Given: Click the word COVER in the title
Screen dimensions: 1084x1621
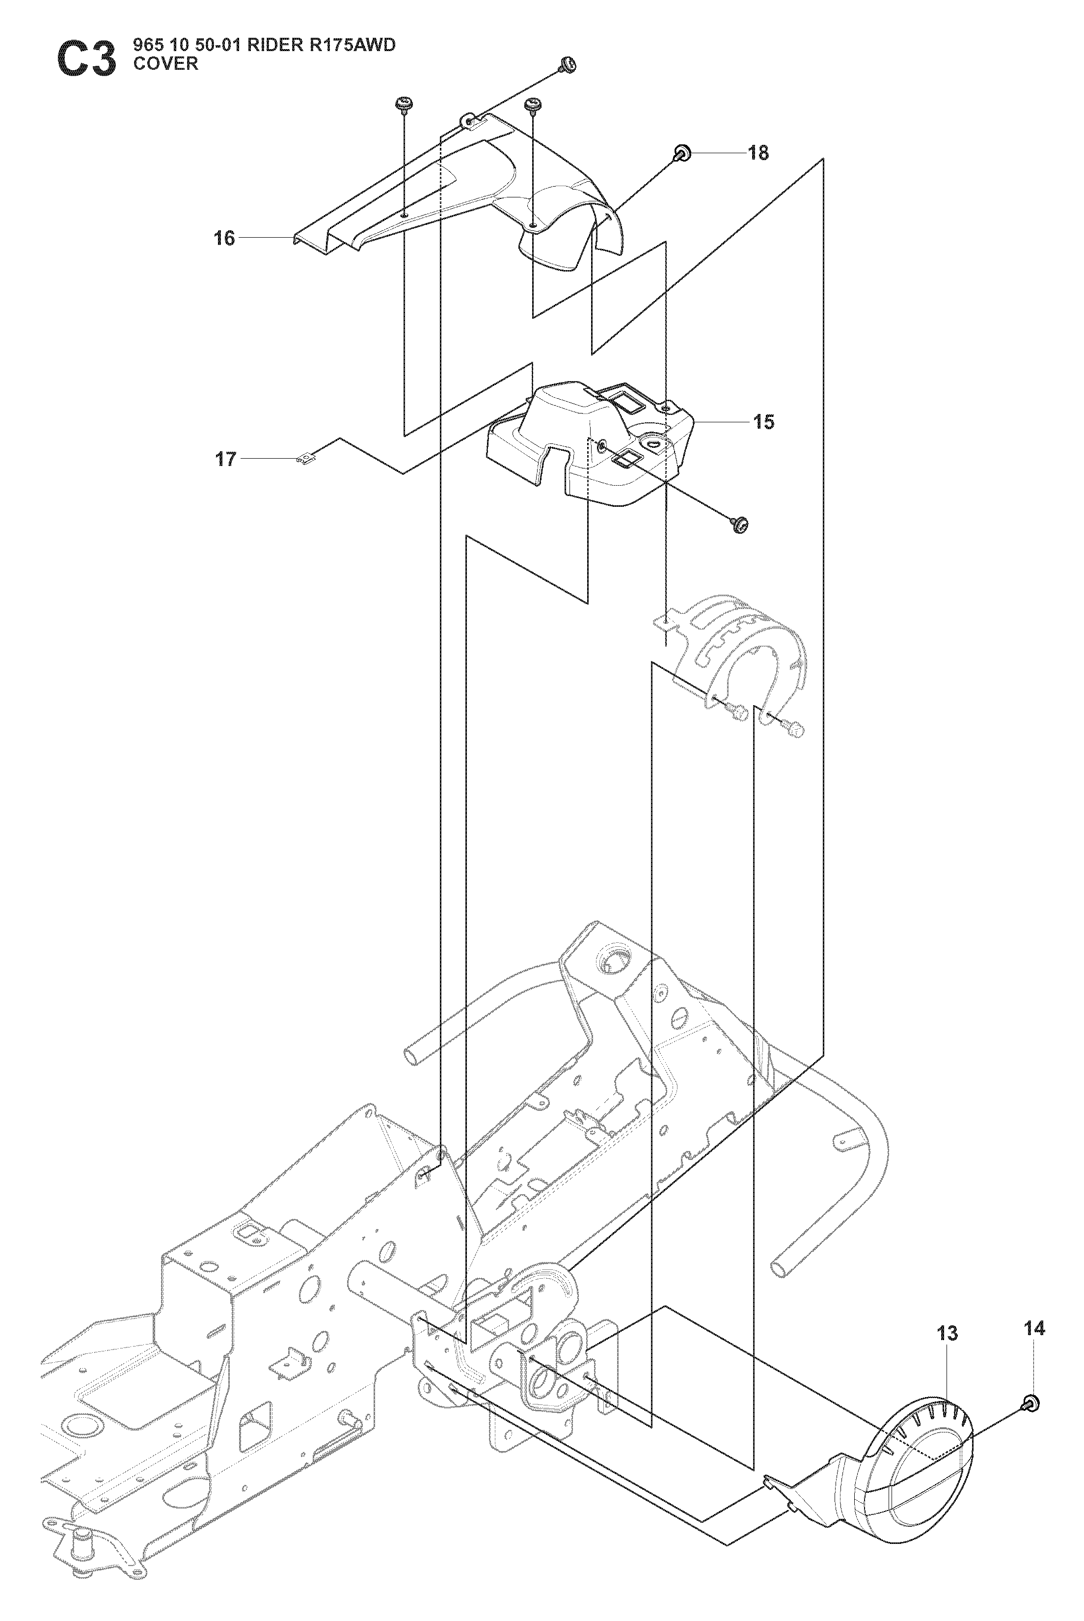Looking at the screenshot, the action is (166, 64).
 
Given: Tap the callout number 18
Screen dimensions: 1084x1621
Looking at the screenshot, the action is (759, 153).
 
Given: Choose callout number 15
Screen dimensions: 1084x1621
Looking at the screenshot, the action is (763, 422).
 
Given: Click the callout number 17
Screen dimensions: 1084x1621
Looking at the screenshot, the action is (226, 459).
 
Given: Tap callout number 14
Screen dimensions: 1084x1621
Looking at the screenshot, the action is (1034, 1328).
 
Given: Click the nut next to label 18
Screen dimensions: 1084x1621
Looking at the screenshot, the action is (682, 153).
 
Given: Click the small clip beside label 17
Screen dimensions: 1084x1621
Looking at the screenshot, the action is (305, 459).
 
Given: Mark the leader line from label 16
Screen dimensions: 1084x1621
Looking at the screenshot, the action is (266, 238).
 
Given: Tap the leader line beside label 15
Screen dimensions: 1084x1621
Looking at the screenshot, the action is (721, 422).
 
